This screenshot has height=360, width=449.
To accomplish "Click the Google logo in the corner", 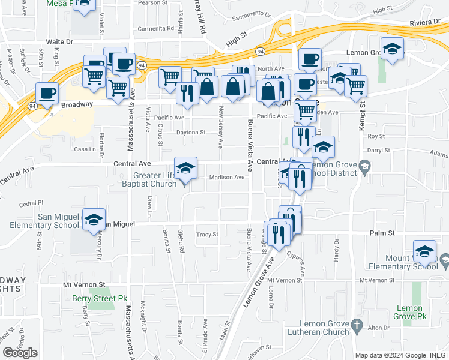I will [20, 353].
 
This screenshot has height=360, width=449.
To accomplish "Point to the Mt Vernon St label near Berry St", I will [85, 285].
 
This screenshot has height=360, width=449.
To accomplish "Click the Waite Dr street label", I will [59, 42].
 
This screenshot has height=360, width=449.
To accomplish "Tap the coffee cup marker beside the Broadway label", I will [47, 94].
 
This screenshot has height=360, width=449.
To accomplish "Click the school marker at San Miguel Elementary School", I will [94, 220].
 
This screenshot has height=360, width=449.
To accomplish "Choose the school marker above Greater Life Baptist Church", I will [185, 169].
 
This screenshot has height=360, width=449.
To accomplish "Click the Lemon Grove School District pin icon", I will [363, 167].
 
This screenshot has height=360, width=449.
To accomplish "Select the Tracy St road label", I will [206, 235].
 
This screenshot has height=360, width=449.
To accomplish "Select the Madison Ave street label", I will [227, 177].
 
